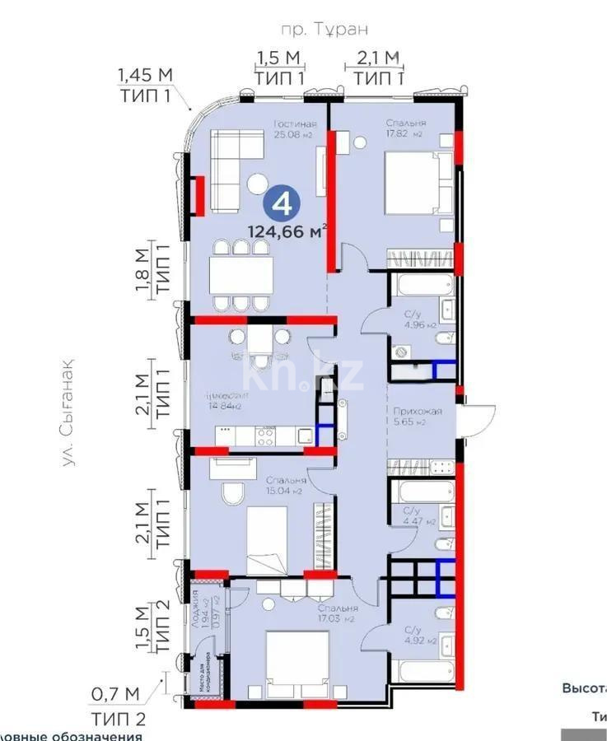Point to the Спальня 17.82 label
pos(404,128)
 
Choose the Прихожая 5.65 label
pos(418,417)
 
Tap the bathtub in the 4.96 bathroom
pos(421,286)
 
